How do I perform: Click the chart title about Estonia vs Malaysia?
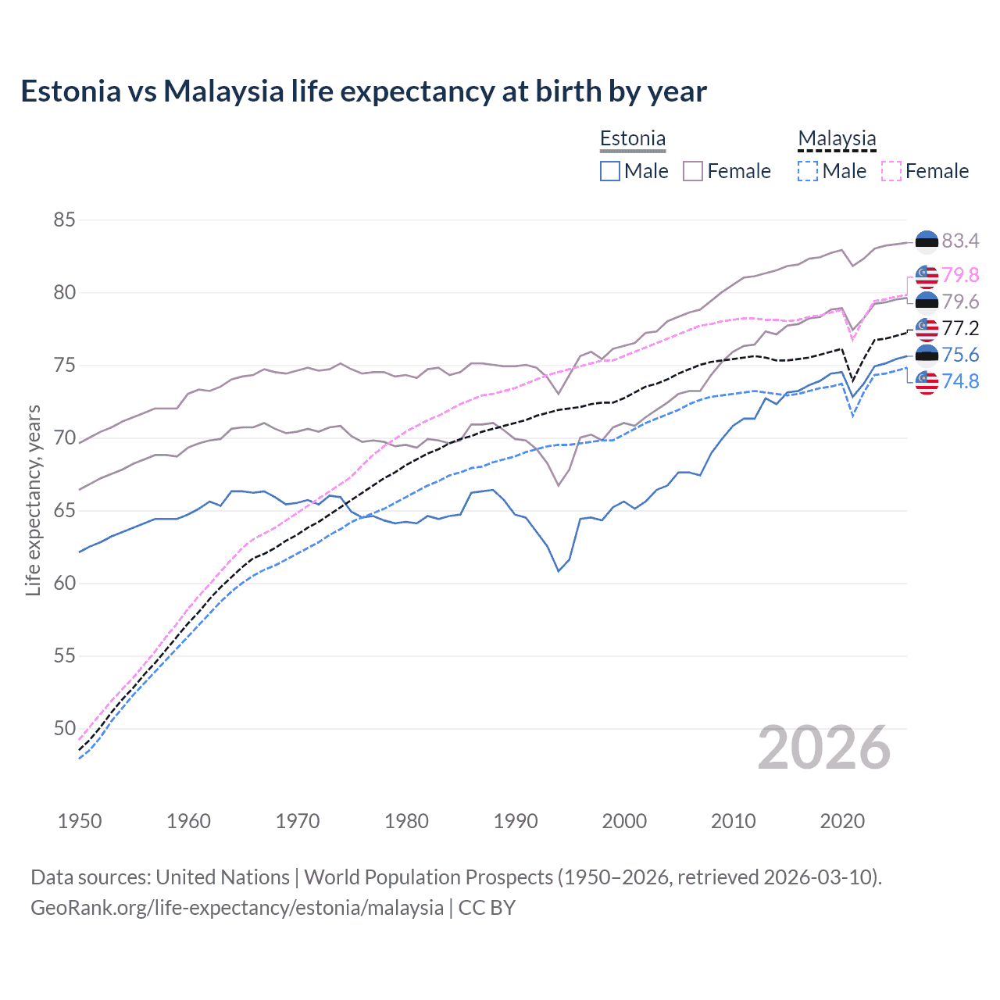(363, 91)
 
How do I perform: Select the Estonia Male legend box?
(610, 171)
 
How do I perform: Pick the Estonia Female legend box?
(693, 171)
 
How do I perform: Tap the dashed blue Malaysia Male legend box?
(808, 171)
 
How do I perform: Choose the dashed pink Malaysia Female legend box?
(891, 171)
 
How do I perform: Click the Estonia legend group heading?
(633, 139)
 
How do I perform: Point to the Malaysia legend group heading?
(837, 139)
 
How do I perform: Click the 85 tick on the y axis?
(64, 220)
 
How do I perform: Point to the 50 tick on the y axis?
(64, 728)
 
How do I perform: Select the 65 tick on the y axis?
(64, 511)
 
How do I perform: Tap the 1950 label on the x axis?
(80, 821)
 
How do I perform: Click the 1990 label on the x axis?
(516, 821)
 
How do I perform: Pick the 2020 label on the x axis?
(842, 821)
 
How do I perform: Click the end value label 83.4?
(960, 241)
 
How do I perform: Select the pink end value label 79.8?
(960, 275)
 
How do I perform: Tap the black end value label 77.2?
(960, 328)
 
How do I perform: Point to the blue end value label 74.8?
(960, 381)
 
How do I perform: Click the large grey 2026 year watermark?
(824, 748)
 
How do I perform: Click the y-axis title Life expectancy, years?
(34, 500)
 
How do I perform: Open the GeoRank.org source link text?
(237, 908)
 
